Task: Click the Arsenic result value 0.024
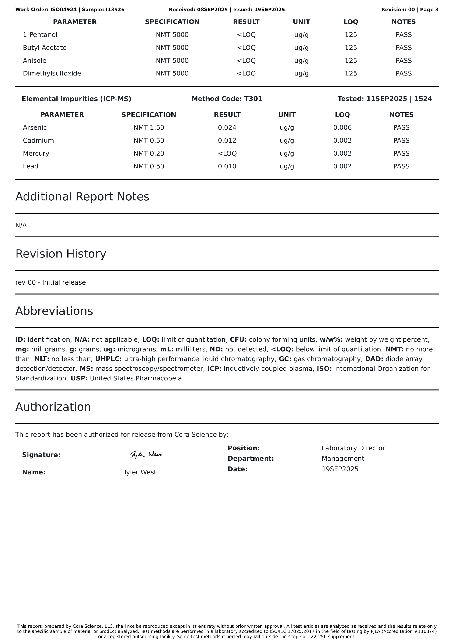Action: tap(227, 128)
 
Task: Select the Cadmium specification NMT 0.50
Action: tap(149, 141)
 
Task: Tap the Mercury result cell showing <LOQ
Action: tap(227, 154)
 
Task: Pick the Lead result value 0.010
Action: tap(227, 166)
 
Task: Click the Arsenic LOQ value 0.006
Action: tap(342, 128)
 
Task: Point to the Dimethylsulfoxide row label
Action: tap(52, 73)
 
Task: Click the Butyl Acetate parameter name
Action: tap(45, 48)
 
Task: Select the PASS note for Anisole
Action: tap(403, 61)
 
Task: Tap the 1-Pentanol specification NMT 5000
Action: tap(172, 35)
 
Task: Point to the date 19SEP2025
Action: tap(340, 469)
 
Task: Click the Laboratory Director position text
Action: tap(353, 448)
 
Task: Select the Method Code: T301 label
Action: tap(227, 99)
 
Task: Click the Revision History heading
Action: tap(61, 254)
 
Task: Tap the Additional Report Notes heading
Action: tap(82, 197)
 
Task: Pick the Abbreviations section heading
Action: tap(54, 311)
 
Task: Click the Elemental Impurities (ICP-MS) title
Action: tap(76, 99)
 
